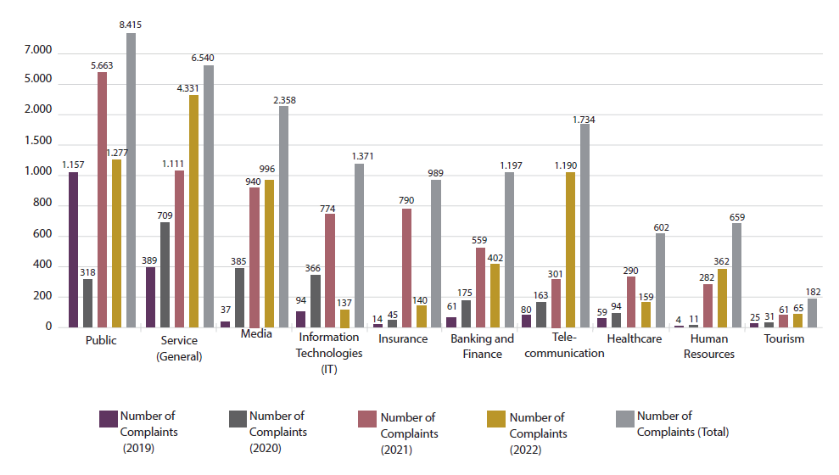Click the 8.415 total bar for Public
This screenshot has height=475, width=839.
(x=131, y=180)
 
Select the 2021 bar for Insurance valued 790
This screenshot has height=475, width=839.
(x=407, y=268)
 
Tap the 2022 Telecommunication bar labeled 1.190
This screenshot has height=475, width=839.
(x=570, y=250)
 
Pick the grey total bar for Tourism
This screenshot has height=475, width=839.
(x=812, y=313)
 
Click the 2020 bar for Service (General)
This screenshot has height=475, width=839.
(x=165, y=275)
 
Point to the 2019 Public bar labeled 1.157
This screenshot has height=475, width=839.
(x=74, y=250)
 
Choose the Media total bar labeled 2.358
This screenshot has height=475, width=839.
(x=284, y=216)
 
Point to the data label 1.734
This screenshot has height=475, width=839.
(x=583, y=120)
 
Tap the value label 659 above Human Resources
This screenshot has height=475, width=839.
(x=736, y=217)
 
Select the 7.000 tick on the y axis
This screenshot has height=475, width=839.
(x=39, y=52)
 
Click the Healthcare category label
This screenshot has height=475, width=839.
(x=634, y=339)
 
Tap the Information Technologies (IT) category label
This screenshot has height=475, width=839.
(x=329, y=353)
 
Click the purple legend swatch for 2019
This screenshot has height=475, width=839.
(x=108, y=419)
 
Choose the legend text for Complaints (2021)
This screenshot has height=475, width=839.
(x=409, y=433)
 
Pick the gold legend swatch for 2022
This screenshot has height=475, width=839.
(x=496, y=419)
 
